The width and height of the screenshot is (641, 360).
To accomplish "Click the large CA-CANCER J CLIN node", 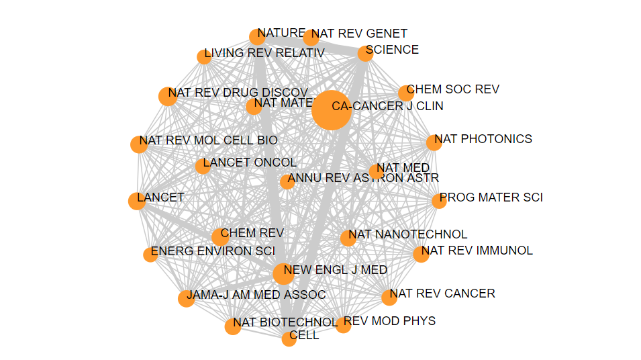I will coord(332,109).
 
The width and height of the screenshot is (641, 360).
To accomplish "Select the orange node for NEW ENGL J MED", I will coord(284,273).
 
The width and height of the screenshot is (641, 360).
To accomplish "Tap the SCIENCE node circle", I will coord(365,54).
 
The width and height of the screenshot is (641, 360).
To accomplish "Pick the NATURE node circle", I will coord(257,36).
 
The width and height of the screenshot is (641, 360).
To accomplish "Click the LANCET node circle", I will coord(137,201).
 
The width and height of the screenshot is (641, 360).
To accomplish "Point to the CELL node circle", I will coord(289,339).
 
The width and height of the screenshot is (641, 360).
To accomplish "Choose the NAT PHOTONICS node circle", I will coord(434,142).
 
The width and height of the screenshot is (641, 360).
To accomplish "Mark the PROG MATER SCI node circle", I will coord(439,200).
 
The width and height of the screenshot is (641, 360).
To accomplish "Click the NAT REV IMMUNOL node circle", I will coord(421,254).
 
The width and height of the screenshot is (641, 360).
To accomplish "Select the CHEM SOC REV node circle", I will coord(405,93).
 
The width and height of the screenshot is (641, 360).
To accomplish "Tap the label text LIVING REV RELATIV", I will coord(264,53).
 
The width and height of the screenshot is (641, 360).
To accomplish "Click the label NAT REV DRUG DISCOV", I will coord(238,92).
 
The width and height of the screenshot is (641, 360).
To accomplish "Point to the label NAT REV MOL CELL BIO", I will coord(208,140).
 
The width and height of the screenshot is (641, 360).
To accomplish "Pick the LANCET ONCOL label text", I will coord(250,163).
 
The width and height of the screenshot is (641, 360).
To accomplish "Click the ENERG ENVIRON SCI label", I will coord(213,251).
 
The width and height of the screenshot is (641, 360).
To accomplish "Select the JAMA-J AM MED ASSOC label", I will coord(256,295).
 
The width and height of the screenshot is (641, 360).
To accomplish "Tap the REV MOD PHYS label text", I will coord(389,320).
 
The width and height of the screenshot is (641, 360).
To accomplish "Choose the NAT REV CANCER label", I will coord(442,293).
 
